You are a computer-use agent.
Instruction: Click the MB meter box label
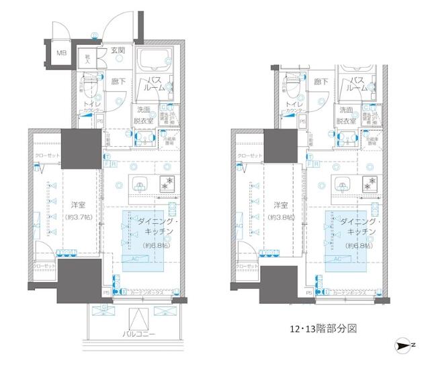tap(60, 53)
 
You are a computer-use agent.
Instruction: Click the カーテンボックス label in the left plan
tap(147, 292)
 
